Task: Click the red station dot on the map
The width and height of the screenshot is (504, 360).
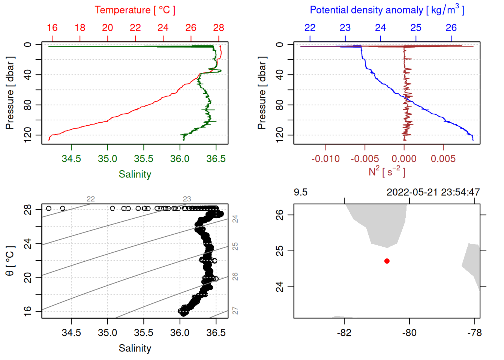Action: [387, 261]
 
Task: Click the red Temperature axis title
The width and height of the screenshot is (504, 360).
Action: [135, 10]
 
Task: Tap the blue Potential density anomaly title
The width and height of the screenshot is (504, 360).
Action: [387, 10]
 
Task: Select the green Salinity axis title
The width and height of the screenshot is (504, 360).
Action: [135, 174]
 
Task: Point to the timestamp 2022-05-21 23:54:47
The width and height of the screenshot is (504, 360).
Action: [433, 192]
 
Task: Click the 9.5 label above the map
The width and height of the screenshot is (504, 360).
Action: [300, 192]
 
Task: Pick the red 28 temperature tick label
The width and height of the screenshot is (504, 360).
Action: [219, 28]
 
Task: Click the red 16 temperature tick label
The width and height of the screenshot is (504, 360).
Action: [52, 28]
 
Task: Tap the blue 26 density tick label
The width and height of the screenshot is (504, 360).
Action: [451, 28]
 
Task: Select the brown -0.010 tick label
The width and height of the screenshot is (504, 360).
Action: [325, 159]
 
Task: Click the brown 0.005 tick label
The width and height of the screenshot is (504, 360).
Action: [443, 159]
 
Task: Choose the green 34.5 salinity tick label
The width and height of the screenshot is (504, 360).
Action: [71, 159]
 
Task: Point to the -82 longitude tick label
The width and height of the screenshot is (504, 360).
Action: [344, 333]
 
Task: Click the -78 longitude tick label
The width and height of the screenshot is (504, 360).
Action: [475, 333]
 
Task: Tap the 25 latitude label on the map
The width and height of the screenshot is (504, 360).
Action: [280, 251]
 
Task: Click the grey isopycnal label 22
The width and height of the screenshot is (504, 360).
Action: [91, 199]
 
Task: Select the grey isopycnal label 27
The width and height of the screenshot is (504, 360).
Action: [235, 311]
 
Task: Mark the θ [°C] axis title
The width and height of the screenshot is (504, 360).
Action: [10, 261]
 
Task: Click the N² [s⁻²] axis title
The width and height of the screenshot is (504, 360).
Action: [387, 172]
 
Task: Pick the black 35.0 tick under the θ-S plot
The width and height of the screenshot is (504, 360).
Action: [108, 333]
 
